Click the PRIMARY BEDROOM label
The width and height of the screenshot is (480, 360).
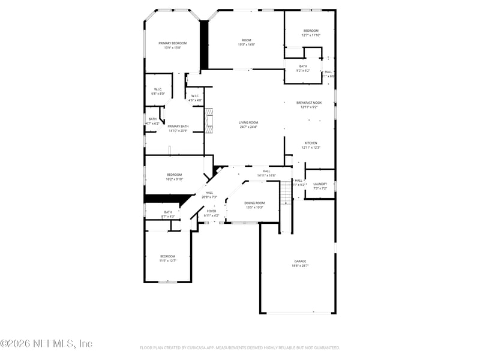[x=173, y=43]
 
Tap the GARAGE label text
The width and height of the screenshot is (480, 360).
[x=300, y=261]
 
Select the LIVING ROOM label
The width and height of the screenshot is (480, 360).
[x=248, y=122]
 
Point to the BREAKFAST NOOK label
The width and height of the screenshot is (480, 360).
[x=309, y=103]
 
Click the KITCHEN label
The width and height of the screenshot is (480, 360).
[x=310, y=143]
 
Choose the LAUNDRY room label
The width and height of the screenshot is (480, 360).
[x=320, y=184]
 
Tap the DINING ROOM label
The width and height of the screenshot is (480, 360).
[x=254, y=203]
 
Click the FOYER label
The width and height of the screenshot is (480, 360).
[x=211, y=211]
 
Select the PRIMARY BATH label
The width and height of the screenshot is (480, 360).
[x=178, y=126]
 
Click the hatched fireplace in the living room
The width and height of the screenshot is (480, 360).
[x=209, y=118]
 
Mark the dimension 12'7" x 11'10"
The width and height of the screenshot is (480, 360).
[x=311, y=35]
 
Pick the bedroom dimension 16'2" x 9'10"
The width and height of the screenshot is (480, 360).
[x=174, y=179]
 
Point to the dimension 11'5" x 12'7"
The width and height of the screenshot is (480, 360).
[x=167, y=260]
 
